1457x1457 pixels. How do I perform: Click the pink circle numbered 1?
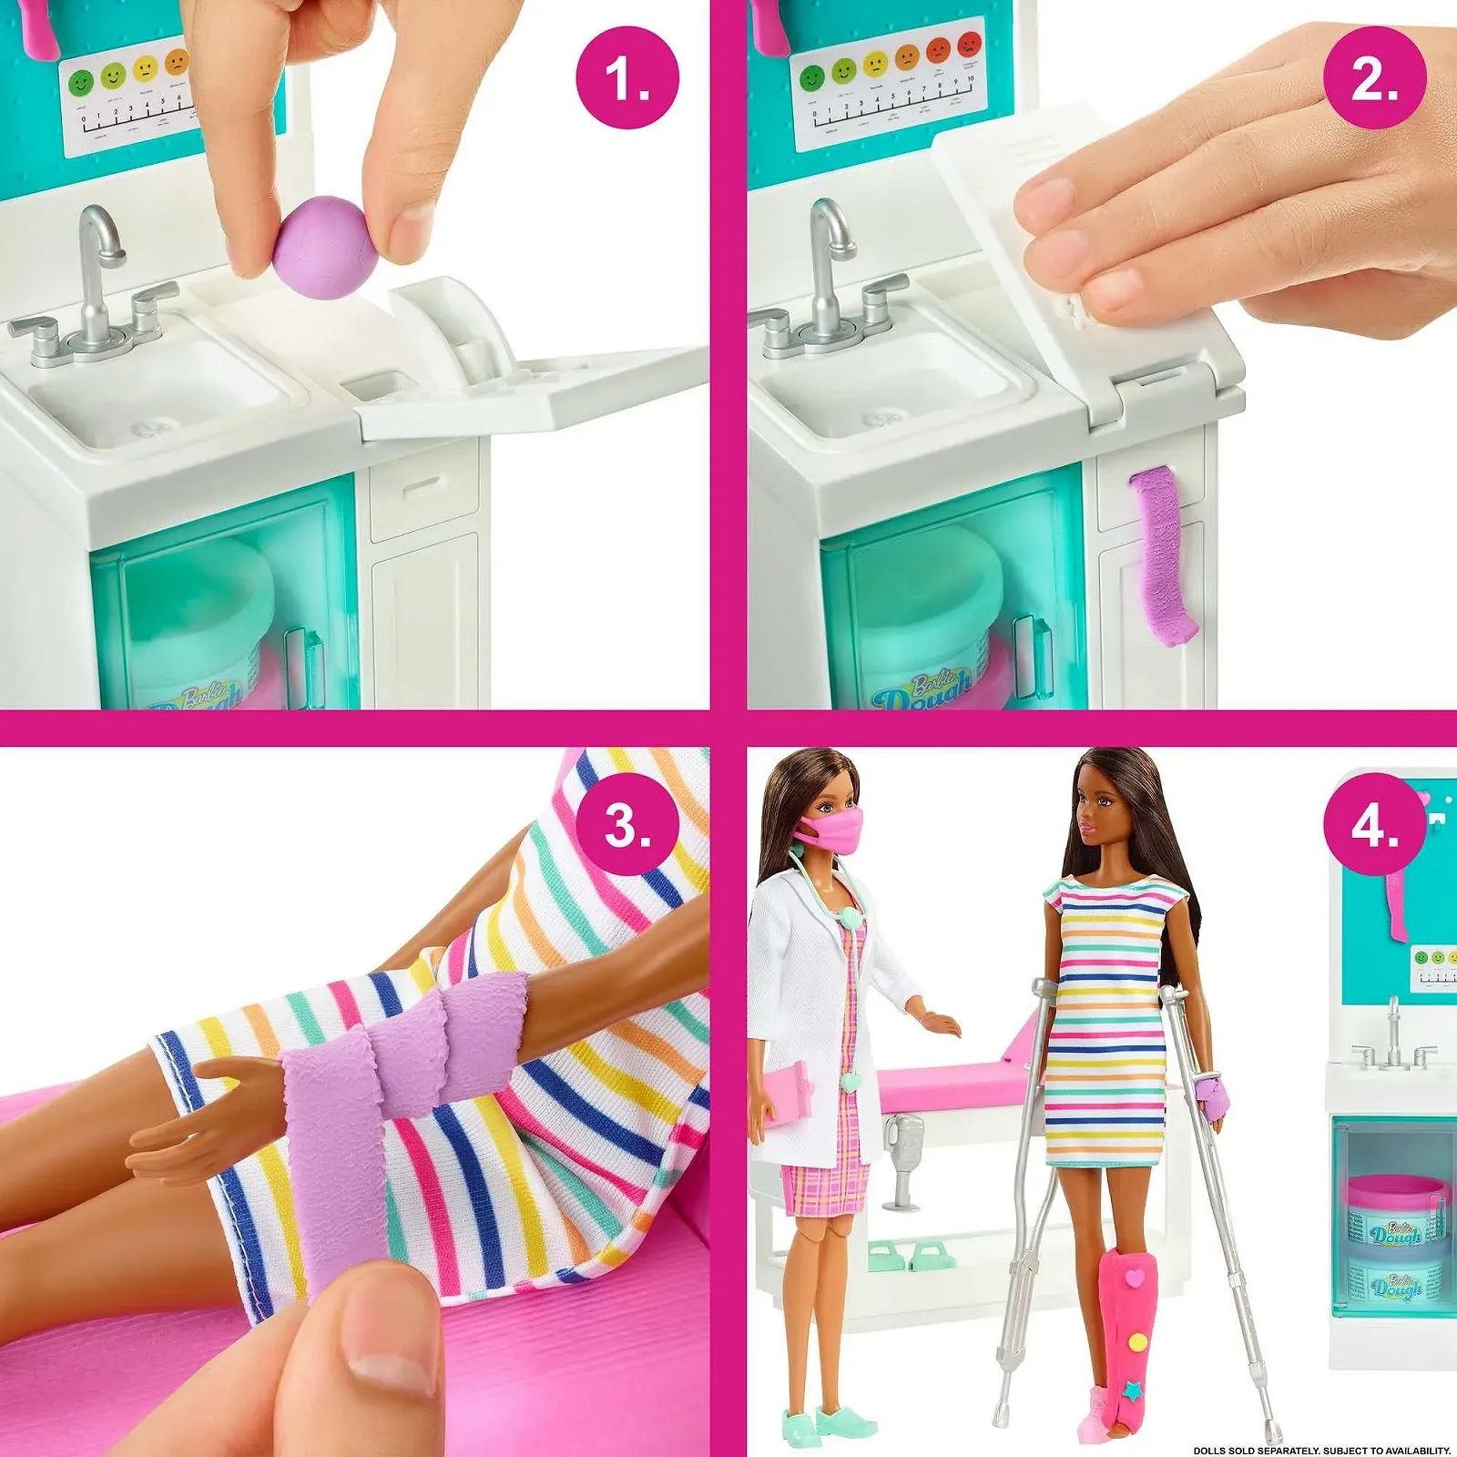pyautogui.click(x=627, y=77)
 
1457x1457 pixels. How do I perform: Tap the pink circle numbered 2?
pyautogui.click(x=1374, y=77)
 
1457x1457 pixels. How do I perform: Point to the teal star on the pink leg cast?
pyautogui.click(x=1134, y=1391)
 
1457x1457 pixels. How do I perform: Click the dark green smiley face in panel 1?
pyautogui.click(x=81, y=83)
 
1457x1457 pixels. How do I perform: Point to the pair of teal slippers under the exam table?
pyautogui.click(x=911, y=1256)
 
